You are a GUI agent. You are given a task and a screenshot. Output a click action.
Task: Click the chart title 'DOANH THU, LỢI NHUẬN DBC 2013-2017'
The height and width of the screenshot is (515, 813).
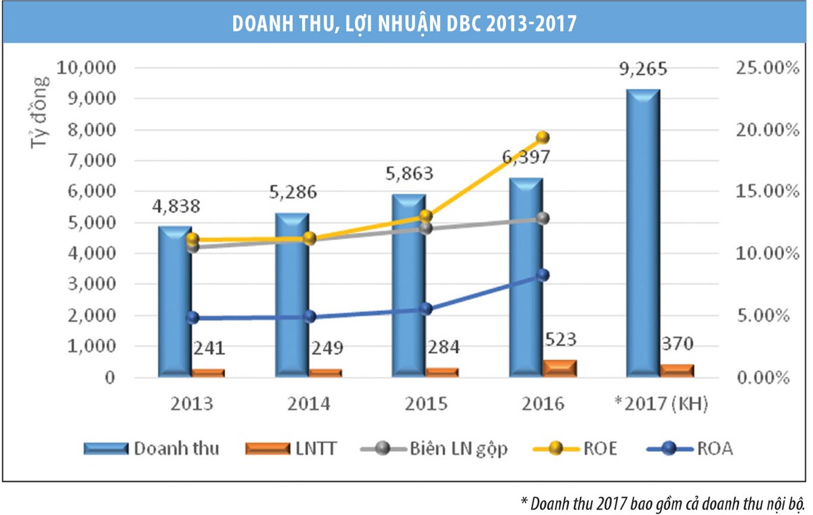(404, 22)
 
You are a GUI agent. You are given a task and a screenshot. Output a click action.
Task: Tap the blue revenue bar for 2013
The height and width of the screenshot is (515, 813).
(175, 301)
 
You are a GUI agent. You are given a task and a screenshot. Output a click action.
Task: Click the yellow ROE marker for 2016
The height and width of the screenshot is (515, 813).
(542, 137)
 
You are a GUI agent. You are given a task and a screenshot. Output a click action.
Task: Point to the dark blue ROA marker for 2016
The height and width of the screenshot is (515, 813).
(542, 275)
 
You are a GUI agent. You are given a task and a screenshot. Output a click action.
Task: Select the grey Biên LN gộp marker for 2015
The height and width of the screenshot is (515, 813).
(425, 228)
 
